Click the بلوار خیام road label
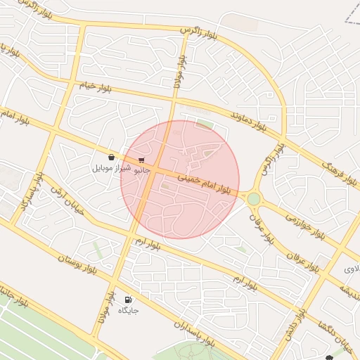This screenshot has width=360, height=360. pyautogui.click(x=95, y=86)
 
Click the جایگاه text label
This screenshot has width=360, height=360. pyautogui.click(x=128, y=310)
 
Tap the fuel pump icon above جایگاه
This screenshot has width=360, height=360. pyautogui.click(x=128, y=299)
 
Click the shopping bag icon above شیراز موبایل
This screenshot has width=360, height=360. pyautogui.click(x=112, y=157)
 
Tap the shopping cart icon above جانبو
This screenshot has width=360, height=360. pyautogui.click(x=141, y=160)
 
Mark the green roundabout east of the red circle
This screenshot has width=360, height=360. pyautogui.click(x=253, y=199)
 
